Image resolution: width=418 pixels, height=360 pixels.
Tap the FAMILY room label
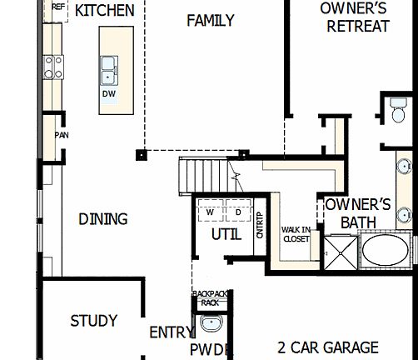point(210,20)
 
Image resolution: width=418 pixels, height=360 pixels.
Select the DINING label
point(103,219)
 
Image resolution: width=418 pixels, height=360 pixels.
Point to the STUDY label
point(93,321)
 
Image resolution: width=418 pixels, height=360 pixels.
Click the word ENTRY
point(171,332)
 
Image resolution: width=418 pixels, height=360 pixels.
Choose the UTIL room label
point(226,234)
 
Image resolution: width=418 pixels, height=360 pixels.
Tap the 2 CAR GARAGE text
point(328,347)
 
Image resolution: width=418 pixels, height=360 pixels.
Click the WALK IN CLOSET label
point(296,234)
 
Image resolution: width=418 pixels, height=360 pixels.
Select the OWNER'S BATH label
point(358,213)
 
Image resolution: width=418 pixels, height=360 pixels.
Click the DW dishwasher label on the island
point(108,93)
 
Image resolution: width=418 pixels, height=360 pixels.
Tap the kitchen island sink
point(108,71)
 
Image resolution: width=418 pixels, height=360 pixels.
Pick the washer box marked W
point(211,212)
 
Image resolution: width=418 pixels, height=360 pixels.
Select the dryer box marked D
point(237,212)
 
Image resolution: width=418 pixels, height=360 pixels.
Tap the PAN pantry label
point(61,135)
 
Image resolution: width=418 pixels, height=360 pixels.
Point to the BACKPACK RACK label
point(209,298)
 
